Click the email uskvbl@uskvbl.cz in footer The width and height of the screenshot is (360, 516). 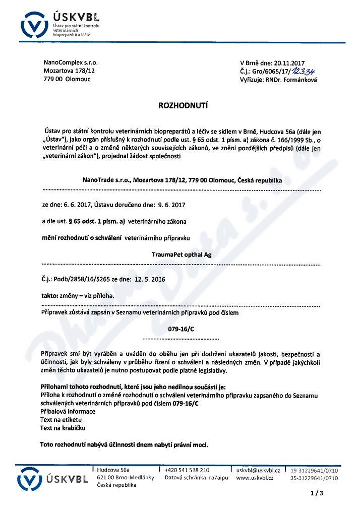pos(258,470)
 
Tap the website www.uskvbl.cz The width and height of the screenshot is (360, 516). pos(255,478)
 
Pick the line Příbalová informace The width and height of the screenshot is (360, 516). pos(68,412)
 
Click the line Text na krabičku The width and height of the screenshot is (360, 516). pos(63,428)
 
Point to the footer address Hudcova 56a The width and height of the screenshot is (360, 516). pos(113,470)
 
